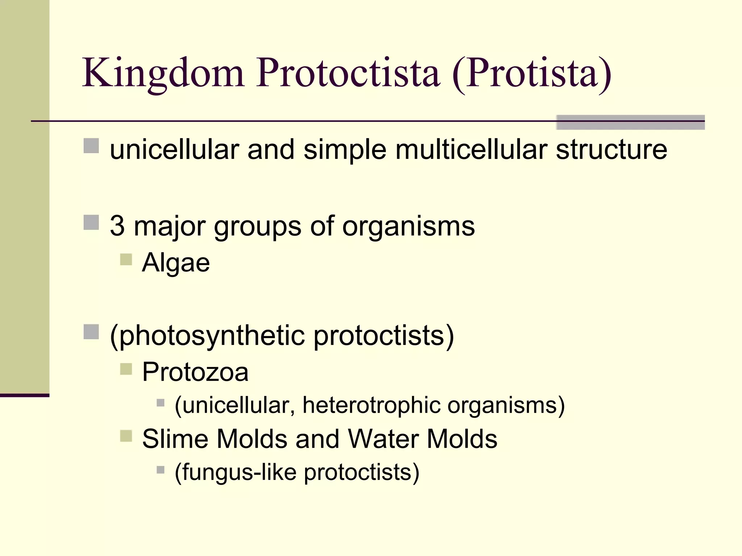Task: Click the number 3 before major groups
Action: click(117, 226)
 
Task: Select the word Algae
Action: click(176, 263)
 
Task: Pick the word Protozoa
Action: click(195, 372)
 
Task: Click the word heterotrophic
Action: click(371, 405)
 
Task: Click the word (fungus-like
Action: click(235, 472)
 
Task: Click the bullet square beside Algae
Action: click(126, 260)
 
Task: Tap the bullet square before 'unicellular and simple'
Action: click(91, 146)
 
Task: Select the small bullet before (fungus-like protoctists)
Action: click(161, 470)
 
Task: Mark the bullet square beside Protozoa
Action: click(126, 369)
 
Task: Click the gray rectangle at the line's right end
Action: click(630, 122)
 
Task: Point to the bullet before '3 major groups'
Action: click(91, 223)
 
